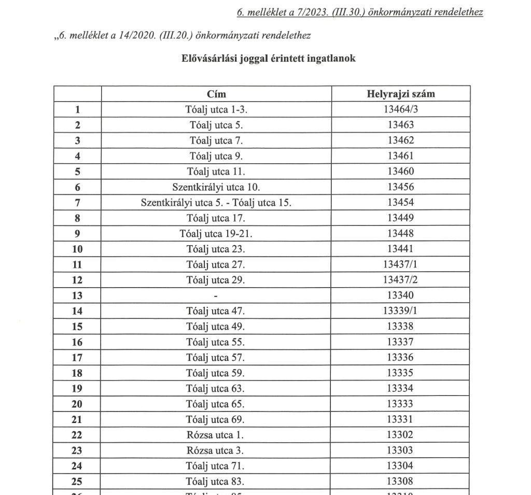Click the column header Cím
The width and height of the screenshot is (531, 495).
tap(216, 94)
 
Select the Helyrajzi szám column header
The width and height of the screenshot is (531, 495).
tap(400, 94)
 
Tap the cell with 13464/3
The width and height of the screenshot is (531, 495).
tap(400, 109)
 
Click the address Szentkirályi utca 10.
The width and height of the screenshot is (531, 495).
tap(216, 187)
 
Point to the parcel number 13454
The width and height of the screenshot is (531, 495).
tap(400, 203)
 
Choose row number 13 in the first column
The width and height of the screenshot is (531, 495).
tap(78, 295)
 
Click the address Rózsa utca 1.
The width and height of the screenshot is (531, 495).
tap(216, 435)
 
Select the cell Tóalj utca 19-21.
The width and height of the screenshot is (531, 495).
tap(216, 233)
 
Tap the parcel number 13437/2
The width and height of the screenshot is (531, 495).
tap(400, 280)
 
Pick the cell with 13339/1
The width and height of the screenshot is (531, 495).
tap(400, 311)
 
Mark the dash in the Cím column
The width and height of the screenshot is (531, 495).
tap(216, 296)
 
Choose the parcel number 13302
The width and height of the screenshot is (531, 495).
tap(400, 435)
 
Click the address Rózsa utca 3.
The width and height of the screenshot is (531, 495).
tap(216, 450)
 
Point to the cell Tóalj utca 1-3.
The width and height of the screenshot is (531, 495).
tap(216, 109)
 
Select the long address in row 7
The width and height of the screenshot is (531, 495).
tap(216, 203)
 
